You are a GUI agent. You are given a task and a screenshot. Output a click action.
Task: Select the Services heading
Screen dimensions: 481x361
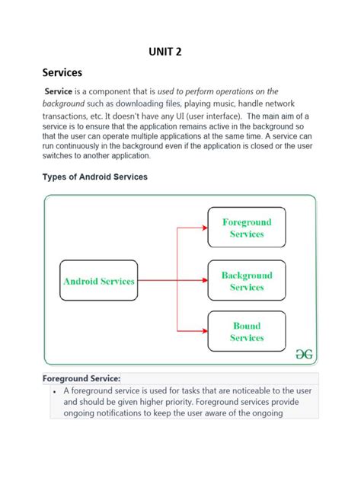pyautogui.click(x=62, y=73)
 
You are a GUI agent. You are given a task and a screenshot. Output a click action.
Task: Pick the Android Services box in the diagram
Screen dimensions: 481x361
pyautogui.click(x=98, y=281)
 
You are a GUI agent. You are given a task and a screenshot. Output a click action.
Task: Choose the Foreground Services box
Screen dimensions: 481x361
pyautogui.click(x=247, y=228)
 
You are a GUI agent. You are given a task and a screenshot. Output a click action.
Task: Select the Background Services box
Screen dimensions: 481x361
pyautogui.click(x=247, y=281)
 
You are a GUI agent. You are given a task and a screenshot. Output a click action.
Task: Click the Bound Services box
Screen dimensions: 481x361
pyautogui.click(x=247, y=331)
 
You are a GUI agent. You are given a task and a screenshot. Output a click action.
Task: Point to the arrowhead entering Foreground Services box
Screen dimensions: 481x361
pyautogui.click(x=203, y=228)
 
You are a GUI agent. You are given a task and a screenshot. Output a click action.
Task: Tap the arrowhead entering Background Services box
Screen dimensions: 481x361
pyautogui.click(x=203, y=281)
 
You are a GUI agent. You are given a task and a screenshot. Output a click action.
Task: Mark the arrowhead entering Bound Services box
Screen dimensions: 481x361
pyautogui.click(x=203, y=331)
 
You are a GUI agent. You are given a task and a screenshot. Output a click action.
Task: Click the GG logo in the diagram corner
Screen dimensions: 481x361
pyautogui.click(x=304, y=354)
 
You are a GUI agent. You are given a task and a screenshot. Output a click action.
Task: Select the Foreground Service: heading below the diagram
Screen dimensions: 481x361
pyautogui.click(x=81, y=378)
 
